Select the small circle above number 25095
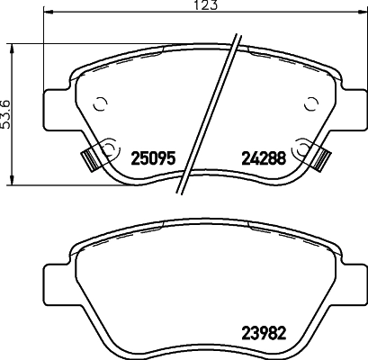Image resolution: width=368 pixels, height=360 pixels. pyautogui.click(x=100, y=103)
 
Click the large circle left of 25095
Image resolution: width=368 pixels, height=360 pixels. pyautogui.click(x=111, y=147)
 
